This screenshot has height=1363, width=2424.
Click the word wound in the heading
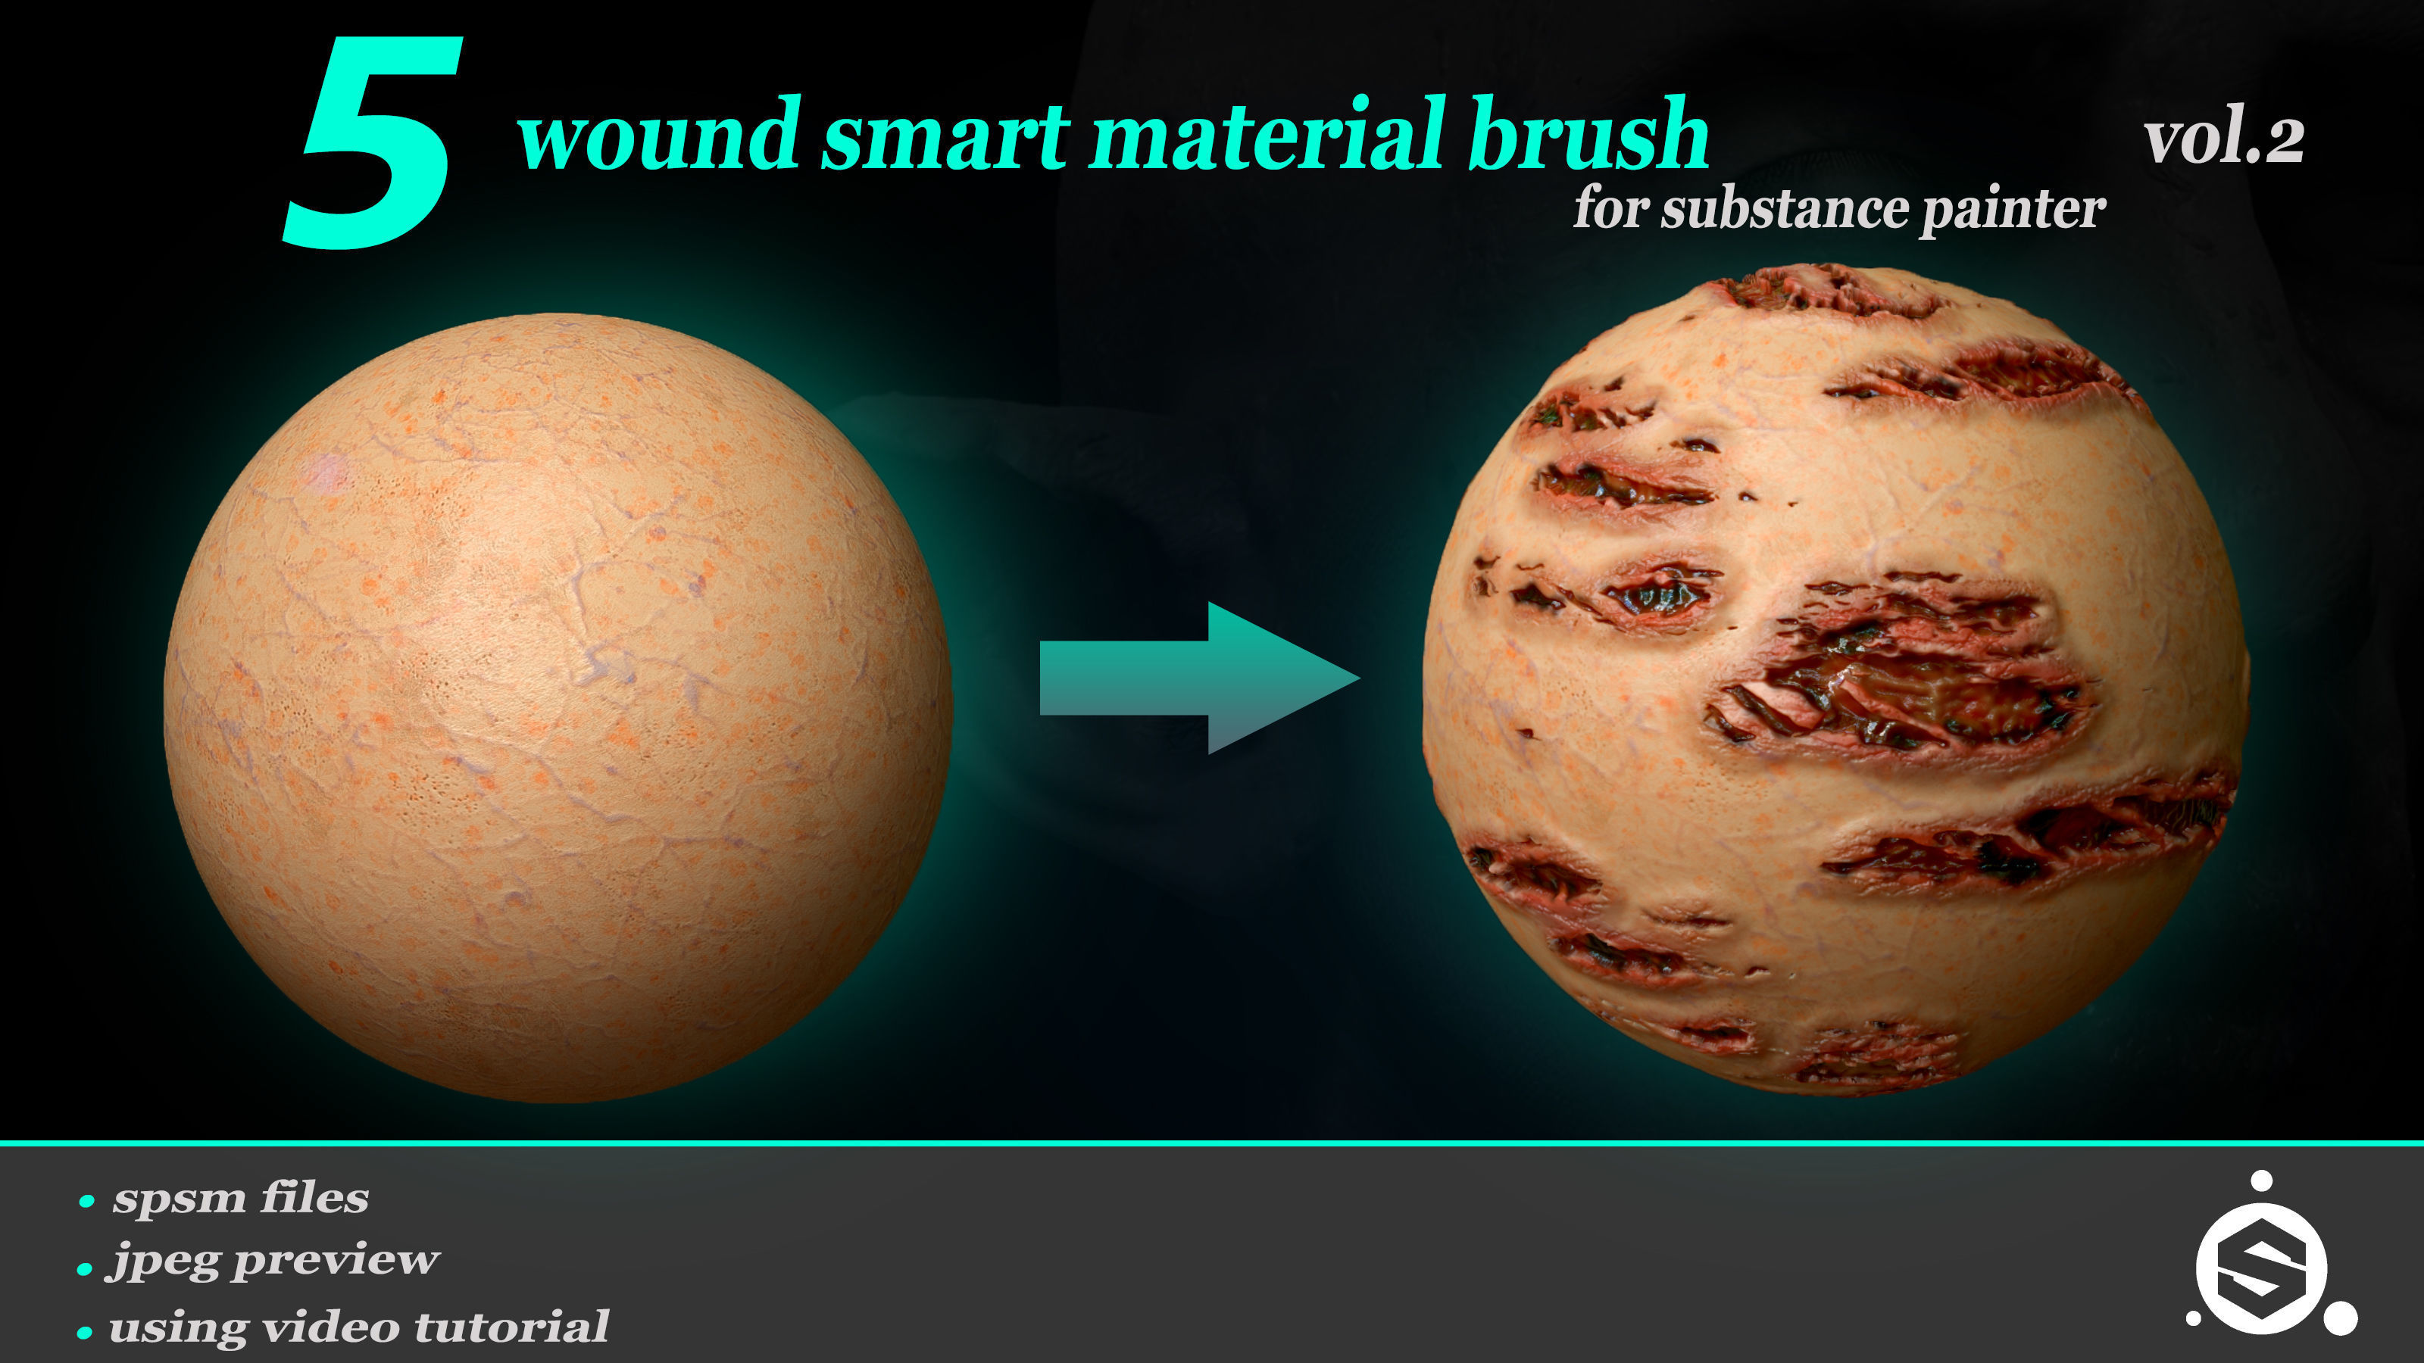(x=659, y=136)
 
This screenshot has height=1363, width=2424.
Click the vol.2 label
(x=2223, y=141)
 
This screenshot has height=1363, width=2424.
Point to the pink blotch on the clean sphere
(x=327, y=470)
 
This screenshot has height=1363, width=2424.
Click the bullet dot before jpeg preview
(x=85, y=1269)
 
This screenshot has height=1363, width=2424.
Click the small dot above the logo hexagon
(x=2262, y=1181)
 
